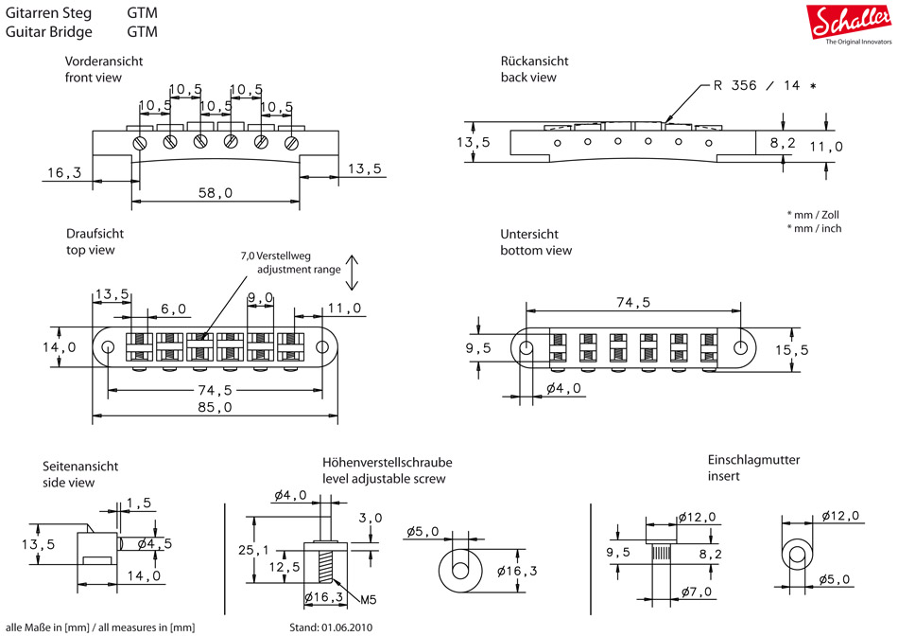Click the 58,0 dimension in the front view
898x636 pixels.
tap(216, 192)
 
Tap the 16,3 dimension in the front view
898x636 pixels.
tap(63, 172)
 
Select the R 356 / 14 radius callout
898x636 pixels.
tap(764, 85)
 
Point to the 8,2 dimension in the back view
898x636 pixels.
tap(783, 143)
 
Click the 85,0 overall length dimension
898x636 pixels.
tap(216, 407)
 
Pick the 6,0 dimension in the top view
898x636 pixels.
tap(173, 309)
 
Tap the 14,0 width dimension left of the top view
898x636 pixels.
tap(59, 347)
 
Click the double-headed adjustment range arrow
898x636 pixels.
tap(351, 273)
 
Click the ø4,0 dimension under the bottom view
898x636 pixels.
tap(563, 388)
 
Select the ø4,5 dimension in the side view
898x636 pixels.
tap(153, 543)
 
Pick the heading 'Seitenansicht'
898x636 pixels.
tap(80, 467)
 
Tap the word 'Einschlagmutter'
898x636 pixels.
tap(754, 460)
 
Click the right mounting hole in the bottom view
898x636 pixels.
tap(740, 347)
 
